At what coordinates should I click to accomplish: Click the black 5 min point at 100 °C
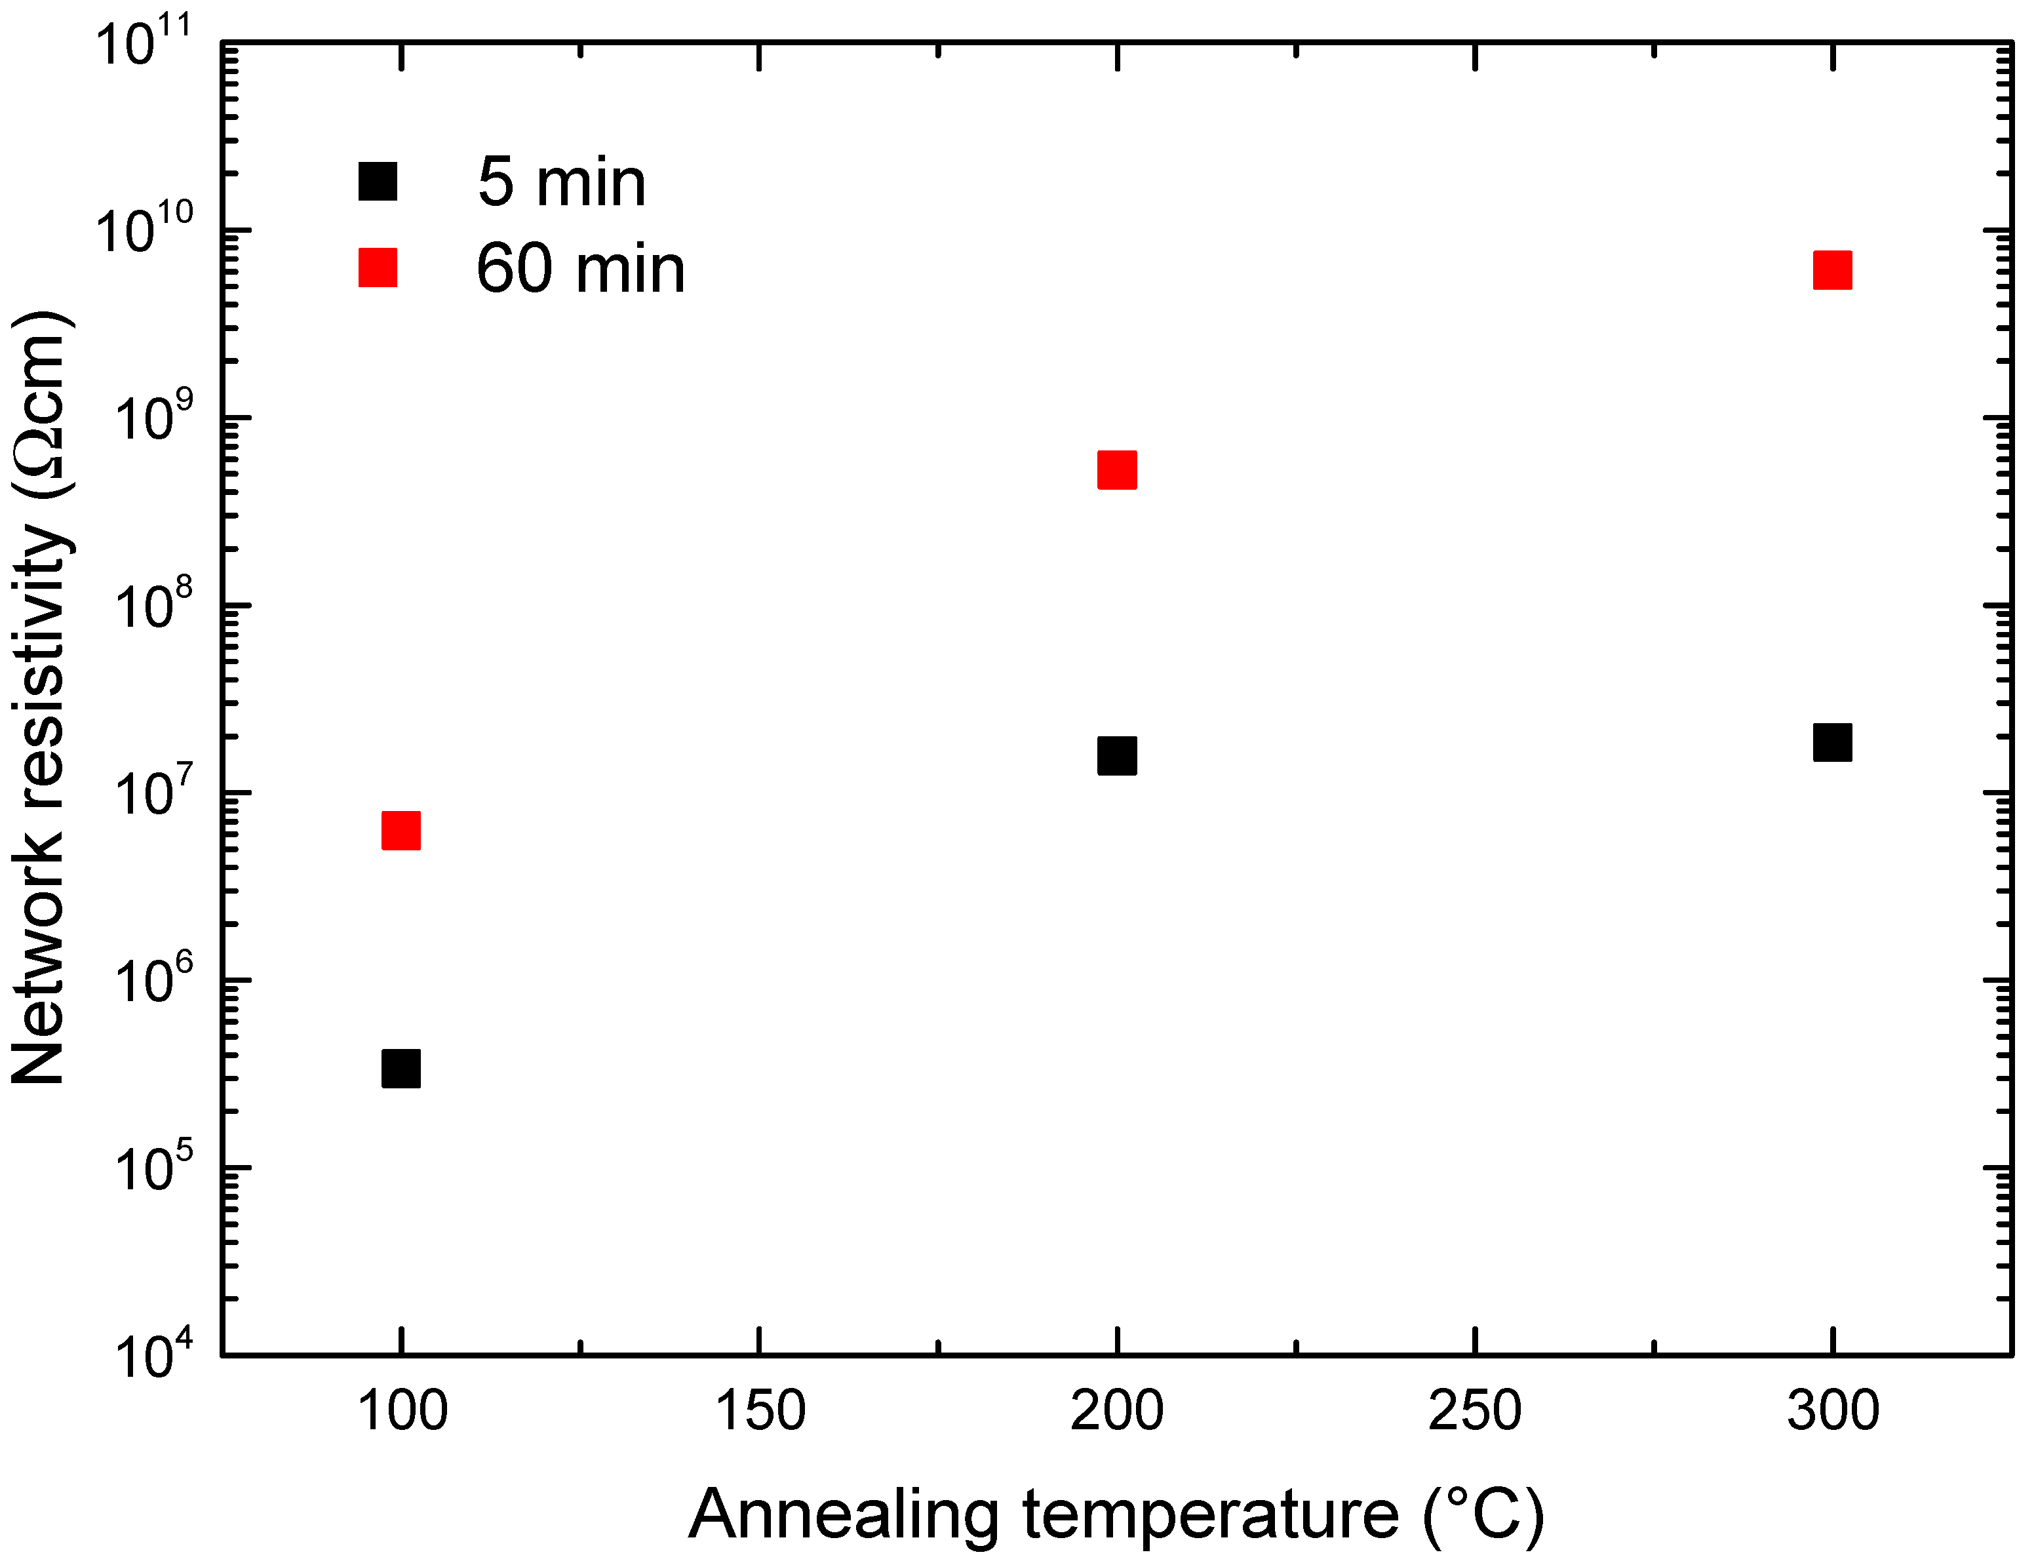coord(401,1068)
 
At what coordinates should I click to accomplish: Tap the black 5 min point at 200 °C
coord(1116,755)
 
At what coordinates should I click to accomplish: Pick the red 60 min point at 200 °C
coord(1116,470)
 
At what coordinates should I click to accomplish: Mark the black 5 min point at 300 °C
coord(1831,742)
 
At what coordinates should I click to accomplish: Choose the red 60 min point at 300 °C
coord(1831,270)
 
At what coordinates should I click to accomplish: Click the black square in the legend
coord(378,180)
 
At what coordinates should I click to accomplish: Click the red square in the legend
coord(378,267)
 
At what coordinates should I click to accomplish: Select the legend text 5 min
coord(561,182)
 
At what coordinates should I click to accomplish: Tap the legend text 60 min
coord(580,269)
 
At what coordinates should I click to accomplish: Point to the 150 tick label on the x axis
coord(759,1410)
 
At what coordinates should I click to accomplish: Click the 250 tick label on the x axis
coord(1474,1410)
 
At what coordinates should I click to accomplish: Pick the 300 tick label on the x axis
coord(1831,1410)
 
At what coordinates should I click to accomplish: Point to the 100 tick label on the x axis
coord(402,1410)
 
